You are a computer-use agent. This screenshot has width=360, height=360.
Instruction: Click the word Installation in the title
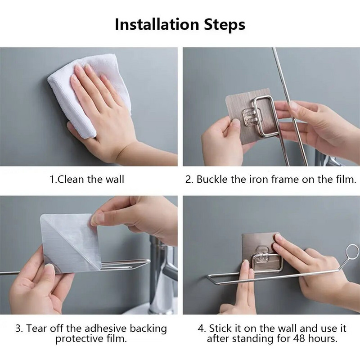pos(157,24)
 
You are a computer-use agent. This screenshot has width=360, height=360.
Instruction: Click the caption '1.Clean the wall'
pos(87,179)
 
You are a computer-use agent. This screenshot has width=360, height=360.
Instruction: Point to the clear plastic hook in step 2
pos(252,117)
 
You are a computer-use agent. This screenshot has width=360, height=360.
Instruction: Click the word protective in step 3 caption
pos(80,339)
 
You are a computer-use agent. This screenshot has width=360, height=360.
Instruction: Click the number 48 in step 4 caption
pos(299,338)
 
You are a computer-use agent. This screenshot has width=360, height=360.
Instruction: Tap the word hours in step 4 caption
pos(323,338)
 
